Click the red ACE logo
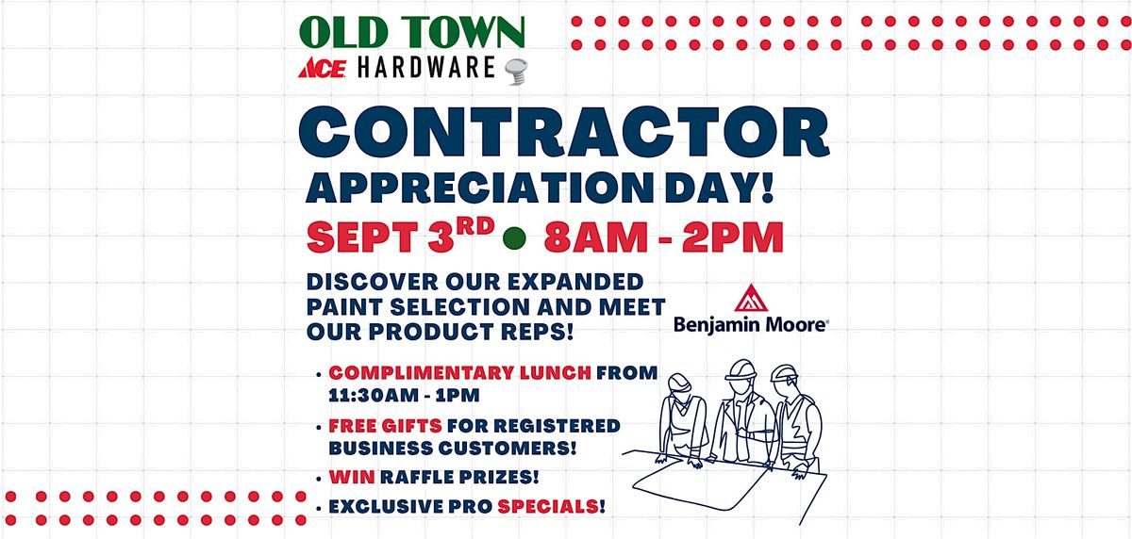coord(322,68)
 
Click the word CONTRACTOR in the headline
coord(564,132)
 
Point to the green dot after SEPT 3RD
coord(514,237)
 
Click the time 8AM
coord(596,237)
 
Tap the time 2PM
coord(733,237)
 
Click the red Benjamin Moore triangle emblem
coord(751,298)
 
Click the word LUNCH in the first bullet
coord(556,372)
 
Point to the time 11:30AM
coord(374,395)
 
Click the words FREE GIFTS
coord(385,426)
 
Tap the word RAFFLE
coord(418,477)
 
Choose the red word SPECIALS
coord(548,506)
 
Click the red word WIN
coord(352,477)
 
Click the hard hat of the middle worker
coord(741,369)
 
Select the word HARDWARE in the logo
coord(426,68)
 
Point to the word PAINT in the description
coord(342,307)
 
